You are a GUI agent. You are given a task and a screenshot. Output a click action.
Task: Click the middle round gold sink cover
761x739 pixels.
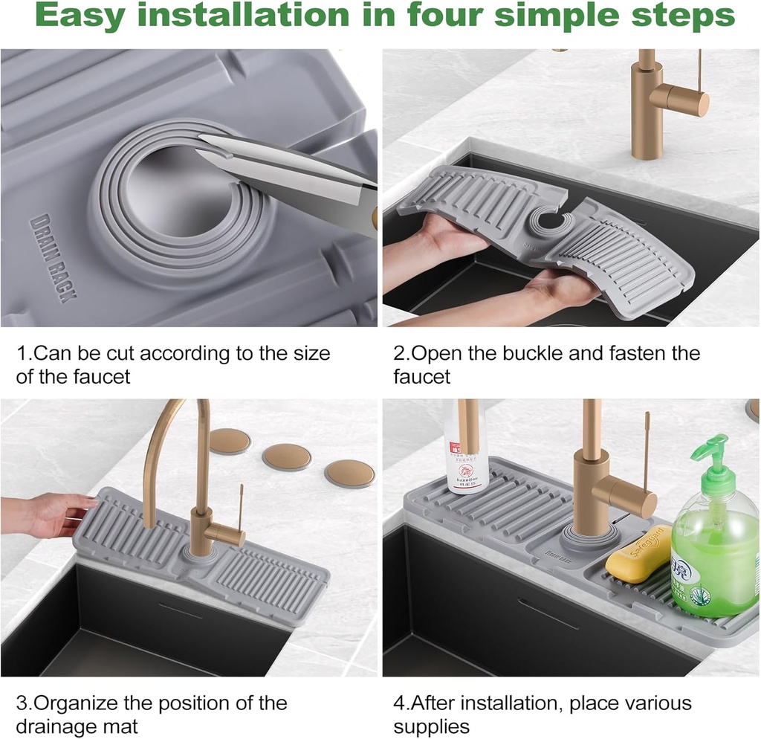click(x=288, y=456)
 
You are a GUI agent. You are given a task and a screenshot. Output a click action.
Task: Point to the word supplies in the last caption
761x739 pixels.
click(x=432, y=726)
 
